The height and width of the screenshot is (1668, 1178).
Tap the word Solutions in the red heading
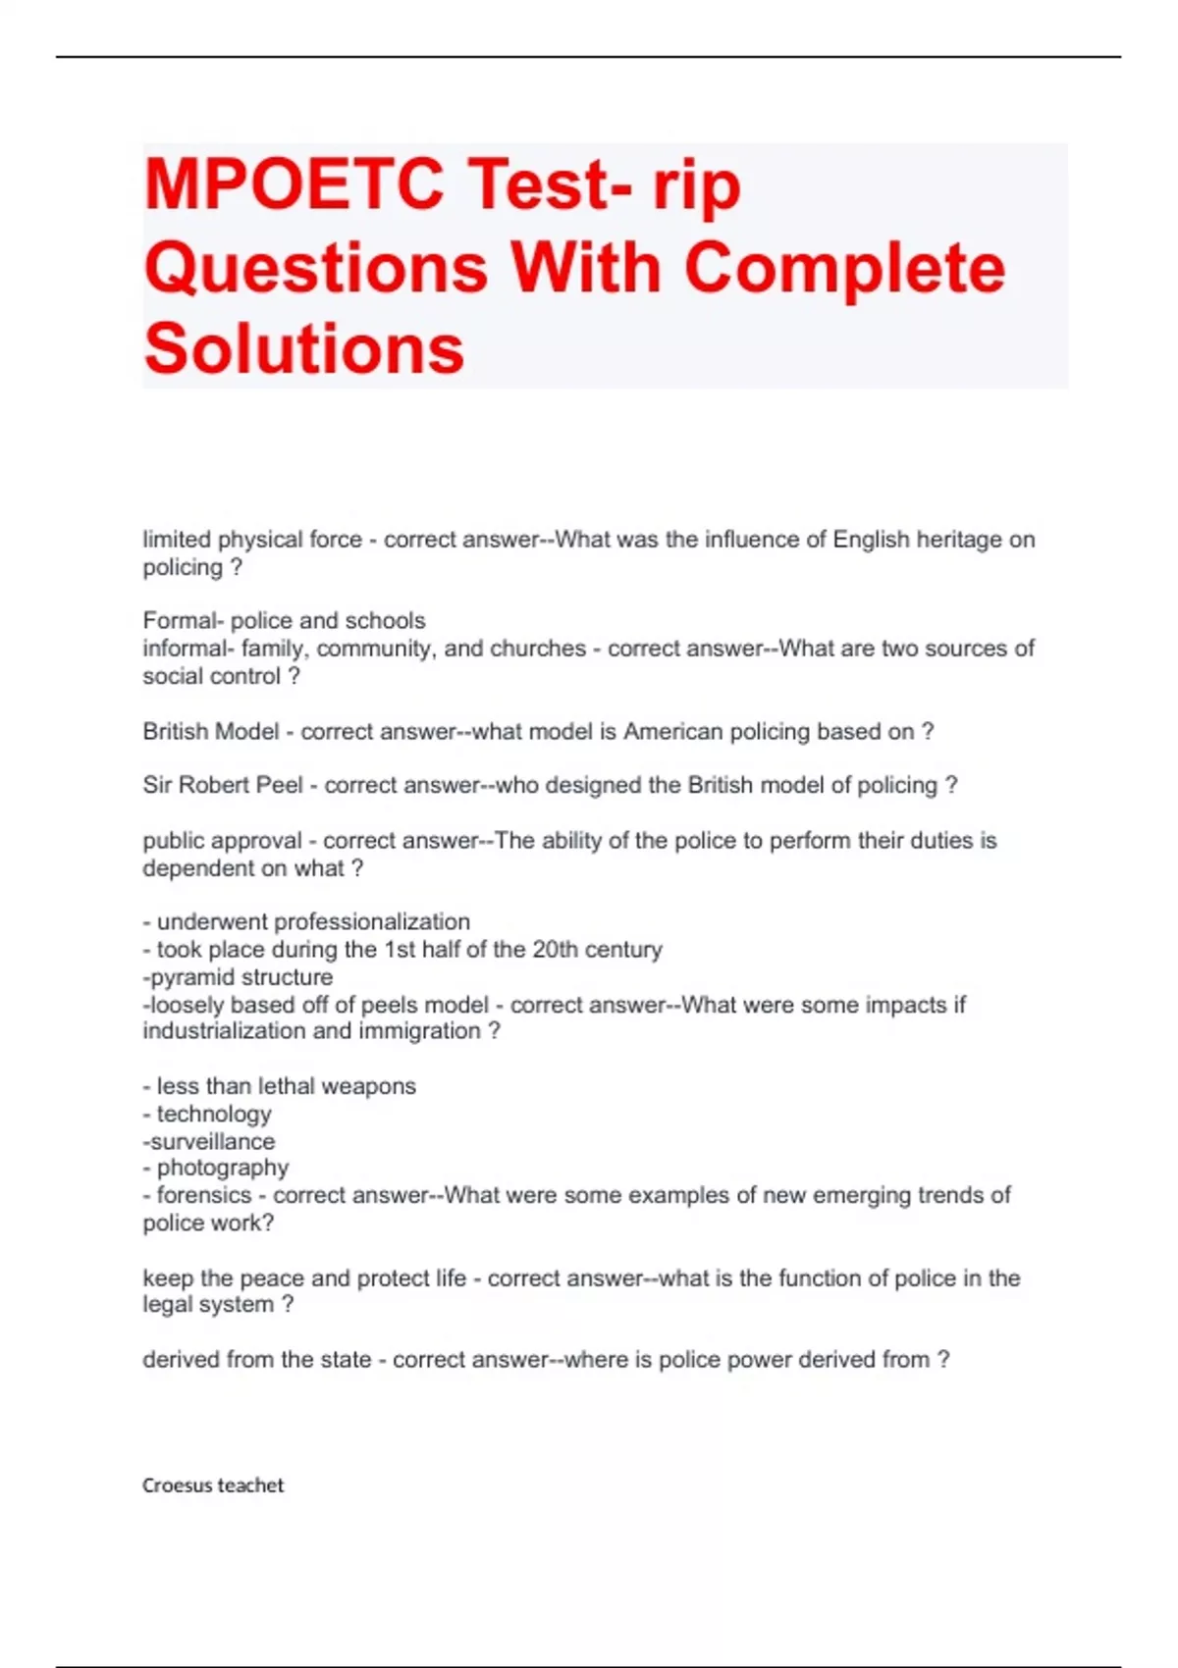(304, 348)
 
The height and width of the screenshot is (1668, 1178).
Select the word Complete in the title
(845, 267)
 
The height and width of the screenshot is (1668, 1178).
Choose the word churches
(538, 649)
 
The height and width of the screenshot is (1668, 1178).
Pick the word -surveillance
(209, 1142)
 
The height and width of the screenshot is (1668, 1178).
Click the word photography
(223, 1168)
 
